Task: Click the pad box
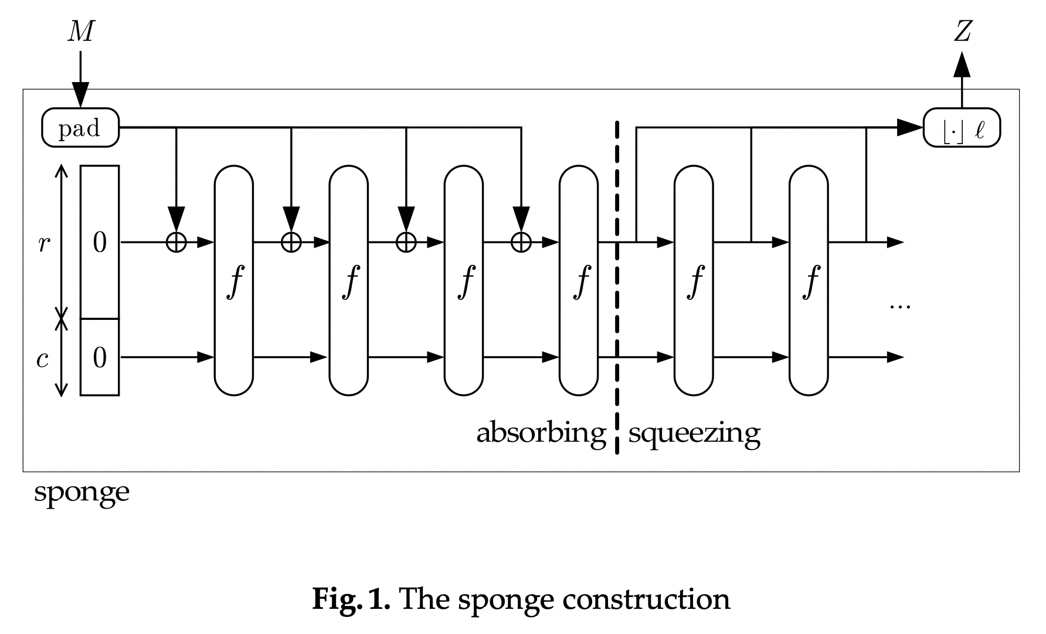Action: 80,128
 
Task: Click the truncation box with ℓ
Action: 962,128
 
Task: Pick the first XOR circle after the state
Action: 176,241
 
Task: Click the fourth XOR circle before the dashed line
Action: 521,241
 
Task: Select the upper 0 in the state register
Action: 100,241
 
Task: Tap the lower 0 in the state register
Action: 100,357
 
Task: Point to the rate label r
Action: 43,243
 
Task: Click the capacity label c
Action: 42,359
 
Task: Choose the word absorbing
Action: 541,434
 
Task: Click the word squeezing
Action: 694,434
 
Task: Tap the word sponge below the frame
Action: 81,492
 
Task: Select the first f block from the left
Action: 234,281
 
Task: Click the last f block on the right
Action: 809,281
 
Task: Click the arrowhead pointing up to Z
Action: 962,64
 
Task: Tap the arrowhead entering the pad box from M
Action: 80,95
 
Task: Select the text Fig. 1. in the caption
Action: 351,599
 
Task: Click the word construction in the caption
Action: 646,599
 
